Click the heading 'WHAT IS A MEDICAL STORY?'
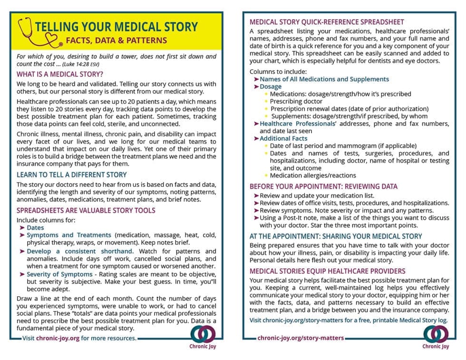(60, 74)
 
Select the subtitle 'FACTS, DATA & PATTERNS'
(116, 40)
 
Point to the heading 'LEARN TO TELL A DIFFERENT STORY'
(72, 175)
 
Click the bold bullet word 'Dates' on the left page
(36, 228)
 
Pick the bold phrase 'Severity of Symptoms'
(59, 274)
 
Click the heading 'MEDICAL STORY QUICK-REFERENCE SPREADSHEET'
(327, 22)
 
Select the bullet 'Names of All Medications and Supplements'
(324, 79)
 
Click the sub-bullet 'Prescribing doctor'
(296, 101)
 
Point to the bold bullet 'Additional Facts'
(283, 138)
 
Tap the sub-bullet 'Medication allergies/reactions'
(313, 175)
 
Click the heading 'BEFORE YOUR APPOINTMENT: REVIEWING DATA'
(323, 186)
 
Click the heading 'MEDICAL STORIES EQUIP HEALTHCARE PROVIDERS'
(328, 271)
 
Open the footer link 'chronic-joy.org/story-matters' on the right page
(301, 338)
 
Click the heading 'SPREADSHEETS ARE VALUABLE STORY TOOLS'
(86, 210)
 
